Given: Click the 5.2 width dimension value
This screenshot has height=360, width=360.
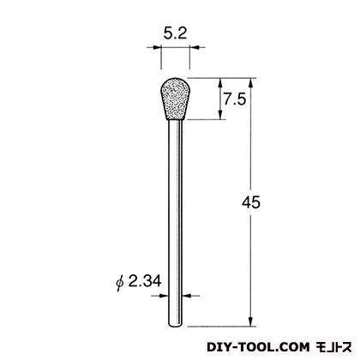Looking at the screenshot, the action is [x=175, y=34].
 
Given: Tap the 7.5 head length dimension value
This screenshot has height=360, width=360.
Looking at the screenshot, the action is [x=235, y=99].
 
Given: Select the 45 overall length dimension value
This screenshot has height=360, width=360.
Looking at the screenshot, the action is [x=251, y=202].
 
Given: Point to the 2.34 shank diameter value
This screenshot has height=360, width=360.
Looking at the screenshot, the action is [x=145, y=281].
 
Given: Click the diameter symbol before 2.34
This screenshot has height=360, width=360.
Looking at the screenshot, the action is [x=120, y=282].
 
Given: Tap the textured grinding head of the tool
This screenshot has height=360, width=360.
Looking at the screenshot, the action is [x=175, y=99].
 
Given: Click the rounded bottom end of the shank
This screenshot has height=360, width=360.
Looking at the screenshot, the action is [x=175, y=324].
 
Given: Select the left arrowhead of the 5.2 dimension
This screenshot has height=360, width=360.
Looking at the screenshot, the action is [x=157, y=47].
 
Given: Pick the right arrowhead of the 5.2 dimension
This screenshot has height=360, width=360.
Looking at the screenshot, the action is [x=194, y=47].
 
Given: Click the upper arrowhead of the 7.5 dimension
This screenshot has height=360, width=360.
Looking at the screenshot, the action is [x=220, y=82].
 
